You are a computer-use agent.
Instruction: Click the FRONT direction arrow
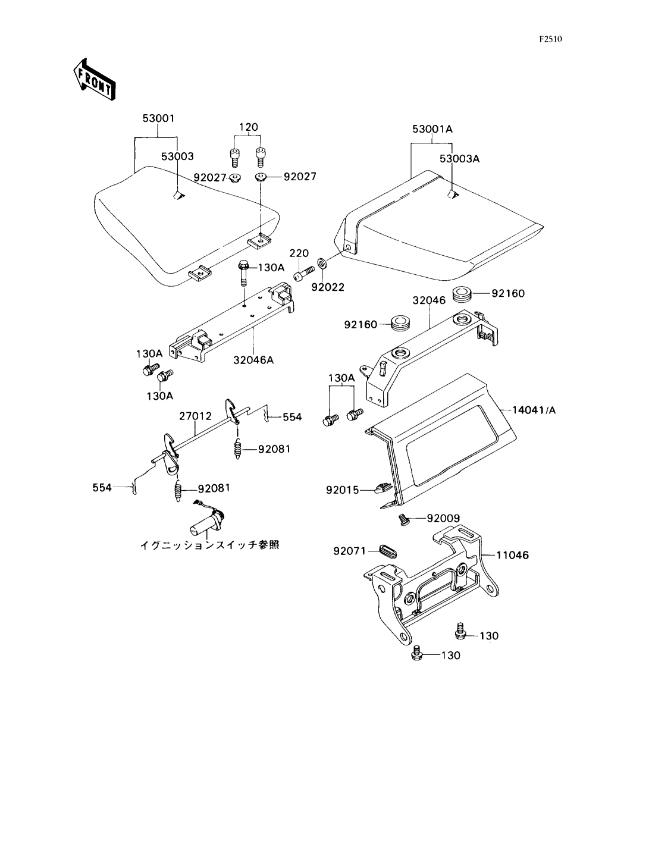click(95, 80)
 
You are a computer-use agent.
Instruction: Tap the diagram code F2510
click(550, 39)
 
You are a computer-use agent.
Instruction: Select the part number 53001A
click(432, 129)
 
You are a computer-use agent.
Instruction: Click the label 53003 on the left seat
click(177, 156)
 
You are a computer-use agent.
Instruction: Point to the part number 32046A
click(253, 360)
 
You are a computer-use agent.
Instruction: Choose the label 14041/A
click(534, 410)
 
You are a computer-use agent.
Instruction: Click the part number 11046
click(513, 556)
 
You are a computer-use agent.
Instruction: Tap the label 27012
click(196, 416)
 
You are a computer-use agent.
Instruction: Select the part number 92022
click(328, 287)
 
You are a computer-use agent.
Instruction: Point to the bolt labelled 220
click(303, 273)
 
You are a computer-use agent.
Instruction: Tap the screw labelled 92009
click(404, 519)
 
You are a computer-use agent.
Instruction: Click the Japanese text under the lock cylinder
click(210, 545)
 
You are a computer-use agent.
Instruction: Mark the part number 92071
click(349, 551)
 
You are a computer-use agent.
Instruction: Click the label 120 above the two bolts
click(248, 127)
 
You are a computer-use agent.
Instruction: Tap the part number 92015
click(342, 490)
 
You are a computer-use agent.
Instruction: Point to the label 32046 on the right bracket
click(429, 300)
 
